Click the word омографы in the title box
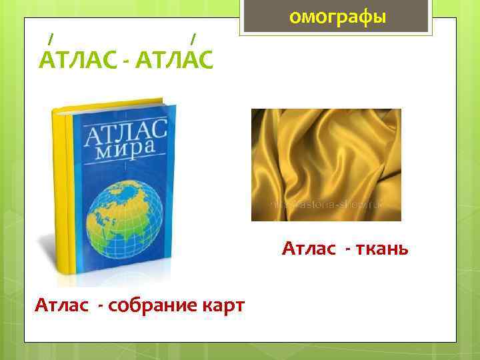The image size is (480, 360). tap(337, 17)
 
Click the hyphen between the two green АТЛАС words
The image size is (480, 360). tap(127, 62)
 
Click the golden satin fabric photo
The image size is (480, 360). tap(325, 165)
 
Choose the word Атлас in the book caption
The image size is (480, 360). tap(61, 305)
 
